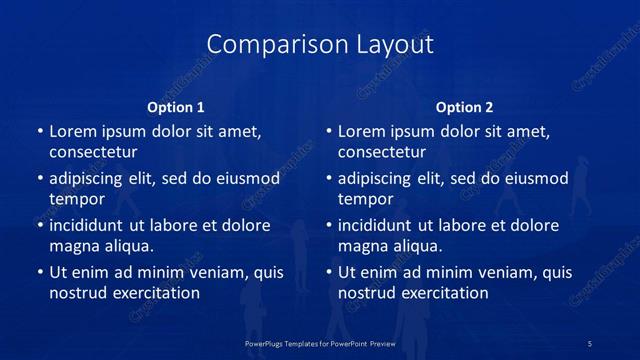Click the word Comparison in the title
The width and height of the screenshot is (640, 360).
(x=264, y=45)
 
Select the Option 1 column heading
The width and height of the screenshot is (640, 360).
(x=176, y=107)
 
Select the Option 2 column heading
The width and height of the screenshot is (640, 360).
(x=465, y=107)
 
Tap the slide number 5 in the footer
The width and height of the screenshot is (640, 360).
(x=591, y=343)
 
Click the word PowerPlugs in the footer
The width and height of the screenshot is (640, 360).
(x=266, y=343)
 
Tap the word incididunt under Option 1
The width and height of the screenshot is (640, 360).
(x=90, y=225)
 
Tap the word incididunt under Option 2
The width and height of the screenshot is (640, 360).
(x=379, y=225)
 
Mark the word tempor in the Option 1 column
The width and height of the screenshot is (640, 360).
(x=77, y=199)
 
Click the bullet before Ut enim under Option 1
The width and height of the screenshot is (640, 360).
(x=39, y=272)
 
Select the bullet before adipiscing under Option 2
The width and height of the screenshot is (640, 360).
(x=328, y=179)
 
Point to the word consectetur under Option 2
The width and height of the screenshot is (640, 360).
(x=382, y=152)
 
